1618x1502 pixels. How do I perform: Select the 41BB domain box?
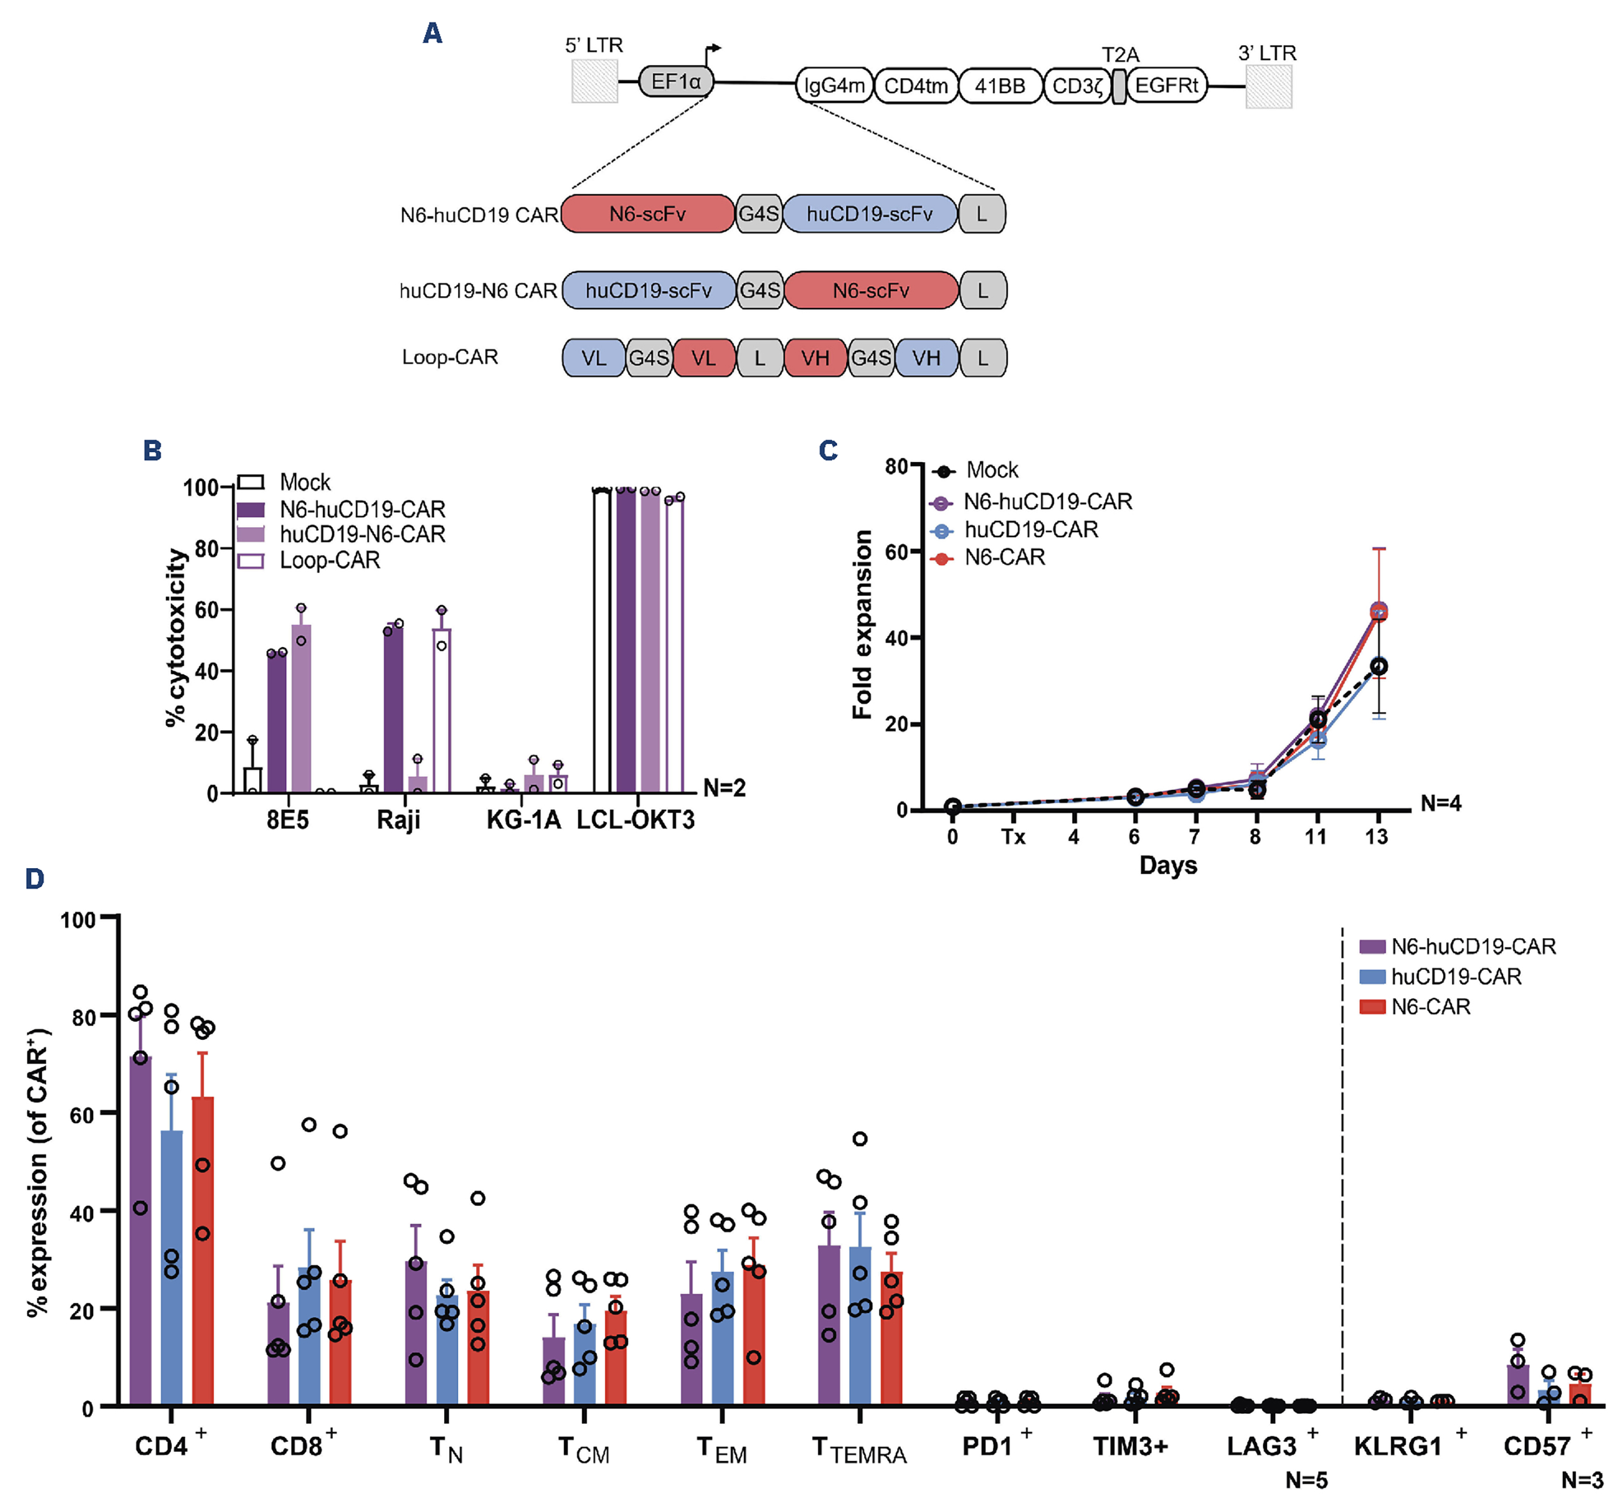pos(1000,86)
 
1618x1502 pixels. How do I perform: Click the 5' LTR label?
pos(593,46)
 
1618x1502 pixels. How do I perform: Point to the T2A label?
pos(1119,55)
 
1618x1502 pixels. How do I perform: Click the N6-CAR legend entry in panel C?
pos(1004,558)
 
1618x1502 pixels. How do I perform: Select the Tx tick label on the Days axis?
pos(1012,837)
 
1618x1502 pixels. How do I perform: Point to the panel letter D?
pos(34,879)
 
